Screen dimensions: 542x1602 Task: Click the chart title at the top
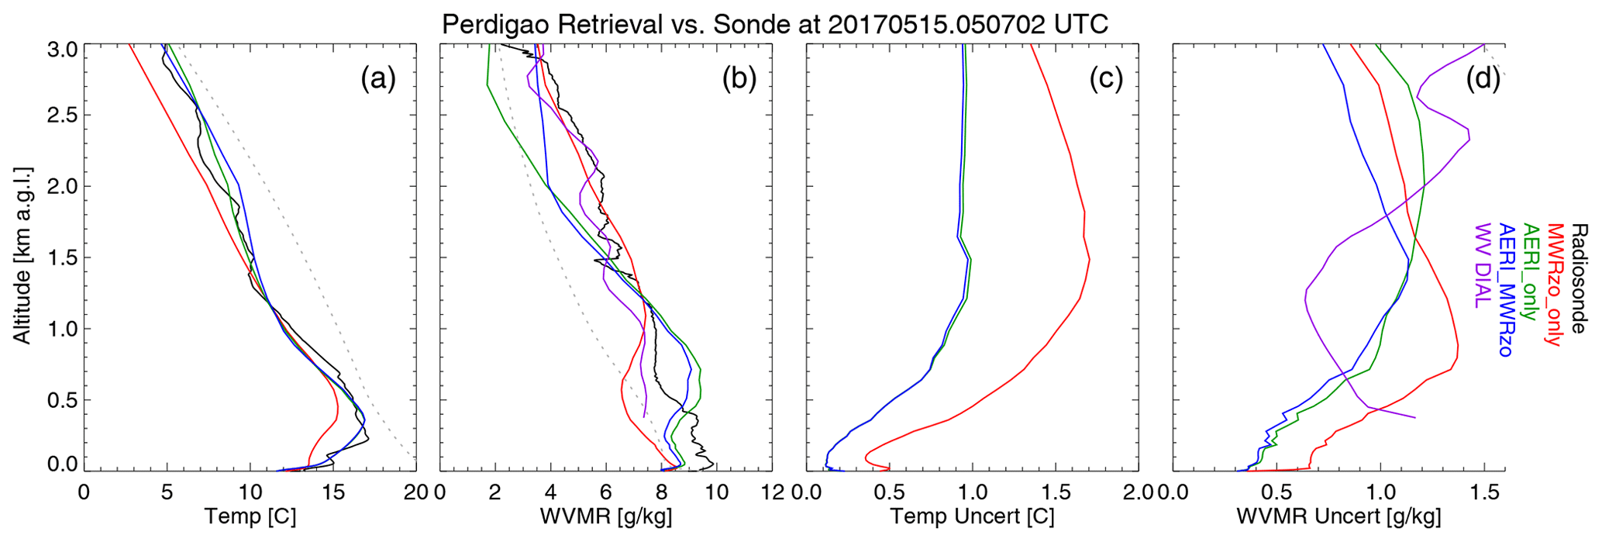775,24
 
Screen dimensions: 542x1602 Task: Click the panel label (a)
377,79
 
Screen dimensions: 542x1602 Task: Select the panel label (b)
739,79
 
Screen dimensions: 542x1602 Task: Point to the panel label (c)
1106,79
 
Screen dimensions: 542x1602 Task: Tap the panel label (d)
1483,79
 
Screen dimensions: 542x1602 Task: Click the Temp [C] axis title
250,516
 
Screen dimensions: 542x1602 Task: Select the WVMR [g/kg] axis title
605,516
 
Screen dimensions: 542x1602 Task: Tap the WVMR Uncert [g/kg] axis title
1338,516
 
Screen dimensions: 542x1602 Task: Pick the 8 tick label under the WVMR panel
661,492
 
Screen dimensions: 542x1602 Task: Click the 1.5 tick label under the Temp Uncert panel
1055,492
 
